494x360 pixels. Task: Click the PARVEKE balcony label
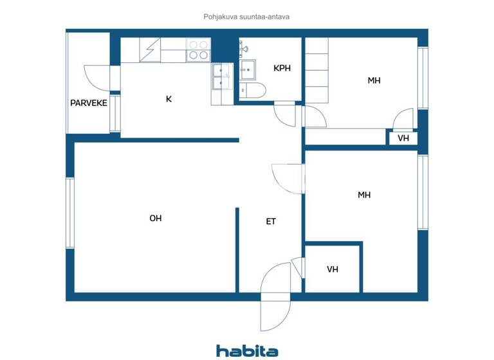tap(89, 103)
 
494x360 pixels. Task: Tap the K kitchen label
tap(169, 99)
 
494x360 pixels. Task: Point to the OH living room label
tap(156, 219)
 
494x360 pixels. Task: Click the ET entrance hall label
tap(271, 222)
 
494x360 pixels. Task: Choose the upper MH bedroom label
tap(374, 81)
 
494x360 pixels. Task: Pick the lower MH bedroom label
tap(364, 195)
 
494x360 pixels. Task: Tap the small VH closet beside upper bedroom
tap(403, 138)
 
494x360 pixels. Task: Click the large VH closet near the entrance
tap(333, 269)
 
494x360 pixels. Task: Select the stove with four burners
tap(198, 50)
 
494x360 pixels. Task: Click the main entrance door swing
tap(275, 296)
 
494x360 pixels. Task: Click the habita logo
tap(247, 350)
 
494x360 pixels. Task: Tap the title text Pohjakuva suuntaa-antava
tap(247, 17)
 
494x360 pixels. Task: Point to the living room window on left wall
tap(70, 212)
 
